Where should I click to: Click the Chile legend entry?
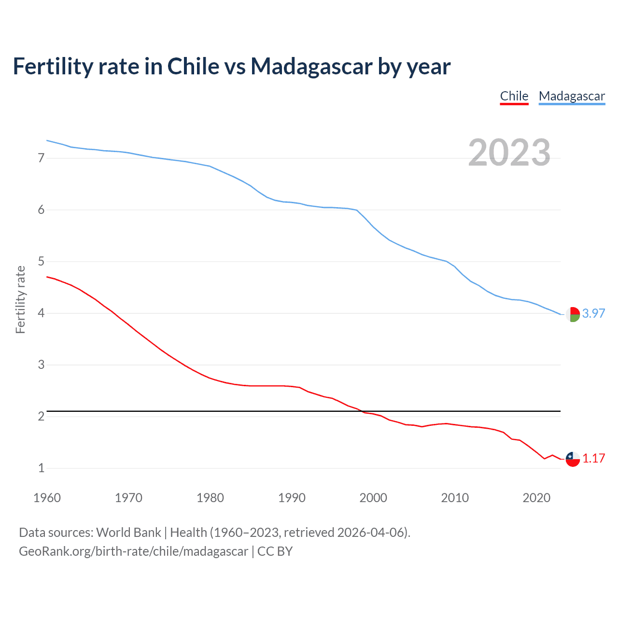(x=514, y=96)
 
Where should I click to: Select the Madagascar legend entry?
(x=572, y=96)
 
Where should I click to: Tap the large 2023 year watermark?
(x=509, y=153)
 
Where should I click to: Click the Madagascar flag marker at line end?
(x=573, y=314)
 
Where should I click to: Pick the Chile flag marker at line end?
(x=573, y=459)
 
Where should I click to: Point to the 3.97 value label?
(x=593, y=313)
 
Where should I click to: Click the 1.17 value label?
(x=593, y=458)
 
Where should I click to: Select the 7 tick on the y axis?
(x=41, y=158)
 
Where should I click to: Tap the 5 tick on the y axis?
(x=41, y=262)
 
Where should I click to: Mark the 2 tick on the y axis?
(x=41, y=416)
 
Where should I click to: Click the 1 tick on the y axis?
(x=41, y=468)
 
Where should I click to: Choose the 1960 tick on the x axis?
(x=47, y=498)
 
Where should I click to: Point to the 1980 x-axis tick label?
(x=210, y=498)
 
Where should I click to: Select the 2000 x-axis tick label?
(x=373, y=498)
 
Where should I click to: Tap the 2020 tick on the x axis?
(x=536, y=498)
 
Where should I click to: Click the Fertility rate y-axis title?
(x=20, y=299)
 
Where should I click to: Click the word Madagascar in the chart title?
(x=311, y=66)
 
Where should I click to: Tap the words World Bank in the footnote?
(x=128, y=533)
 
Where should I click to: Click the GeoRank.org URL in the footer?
(x=133, y=551)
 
